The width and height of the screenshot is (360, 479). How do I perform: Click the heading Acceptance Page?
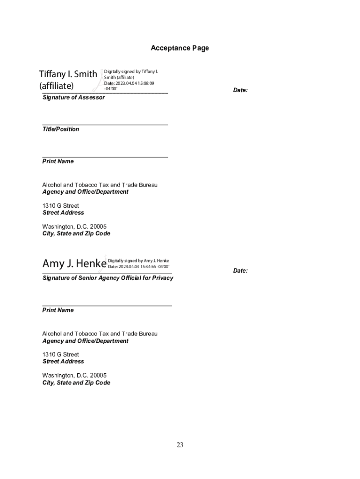(x=180, y=48)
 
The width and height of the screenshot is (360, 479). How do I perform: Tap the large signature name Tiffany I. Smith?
(x=68, y=74)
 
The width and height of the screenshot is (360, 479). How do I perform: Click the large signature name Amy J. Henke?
(x=74, y=264)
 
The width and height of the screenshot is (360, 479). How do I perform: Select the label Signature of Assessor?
(x=73, y=98)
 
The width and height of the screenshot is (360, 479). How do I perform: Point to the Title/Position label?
(x=61, y=129)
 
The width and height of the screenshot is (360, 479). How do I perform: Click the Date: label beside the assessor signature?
(x=240, y=90)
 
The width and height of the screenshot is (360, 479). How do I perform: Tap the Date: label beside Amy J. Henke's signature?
(x=240, y=271)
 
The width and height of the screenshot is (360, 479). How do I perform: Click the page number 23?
(x=180, y=445)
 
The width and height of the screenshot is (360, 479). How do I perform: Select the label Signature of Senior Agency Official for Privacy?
(x=108, y=278)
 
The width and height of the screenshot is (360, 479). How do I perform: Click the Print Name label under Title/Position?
(x=58, y=161)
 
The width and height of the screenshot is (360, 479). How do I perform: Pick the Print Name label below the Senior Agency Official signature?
(x=58, y=310)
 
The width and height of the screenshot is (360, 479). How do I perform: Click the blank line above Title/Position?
(x=105, y=124)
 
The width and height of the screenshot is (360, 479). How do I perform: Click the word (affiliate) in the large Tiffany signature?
(x=56, y=86)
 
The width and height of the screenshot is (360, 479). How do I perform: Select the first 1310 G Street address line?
(x=61, y=206)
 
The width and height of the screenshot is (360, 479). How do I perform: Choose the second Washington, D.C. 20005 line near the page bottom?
(x=74, y=376)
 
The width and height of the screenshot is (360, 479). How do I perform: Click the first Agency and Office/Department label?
(x=85, y=192)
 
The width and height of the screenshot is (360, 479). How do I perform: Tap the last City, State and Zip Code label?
(x=76, y=383)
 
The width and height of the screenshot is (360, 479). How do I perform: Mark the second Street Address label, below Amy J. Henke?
(x=63, y=362)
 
